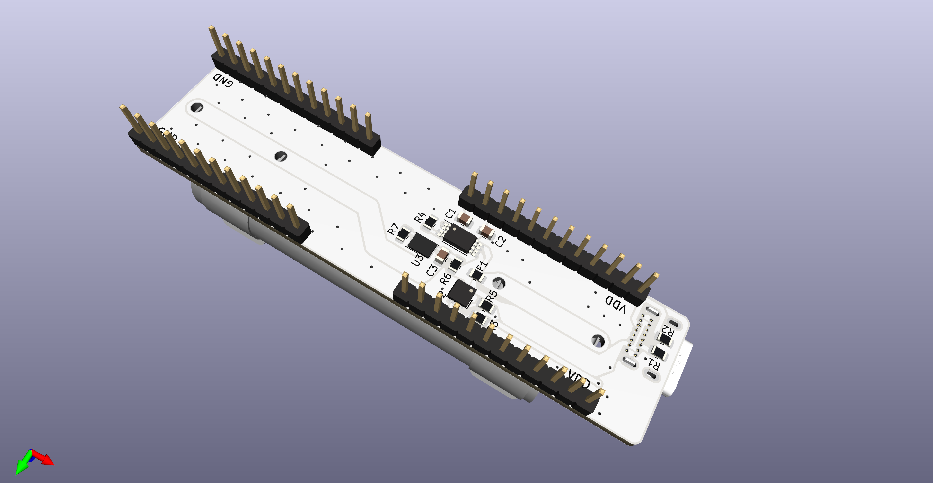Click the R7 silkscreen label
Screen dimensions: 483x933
(393, 229)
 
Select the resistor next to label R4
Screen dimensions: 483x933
(430, 222)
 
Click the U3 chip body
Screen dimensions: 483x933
(422, 245)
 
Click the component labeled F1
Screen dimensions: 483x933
(477, 275)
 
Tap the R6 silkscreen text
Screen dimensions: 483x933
(445, 279)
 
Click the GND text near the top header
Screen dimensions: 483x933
(223, 80)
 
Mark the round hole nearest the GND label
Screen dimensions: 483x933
(197, 108)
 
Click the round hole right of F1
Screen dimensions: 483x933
(499, 282)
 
